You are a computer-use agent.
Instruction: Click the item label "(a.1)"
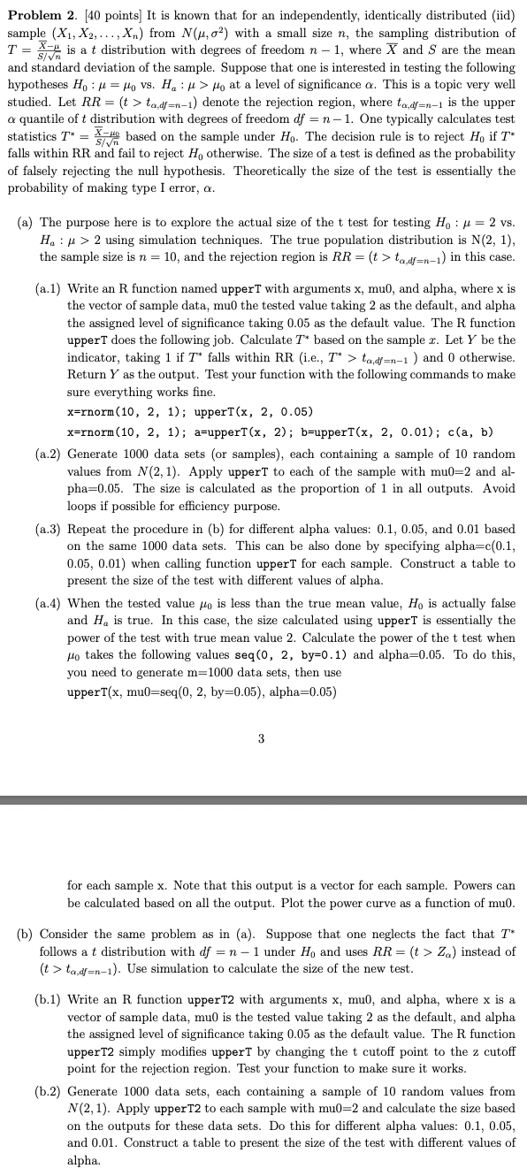click(x=50, y=288)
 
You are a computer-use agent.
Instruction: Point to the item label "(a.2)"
click(x=50, y=448)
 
